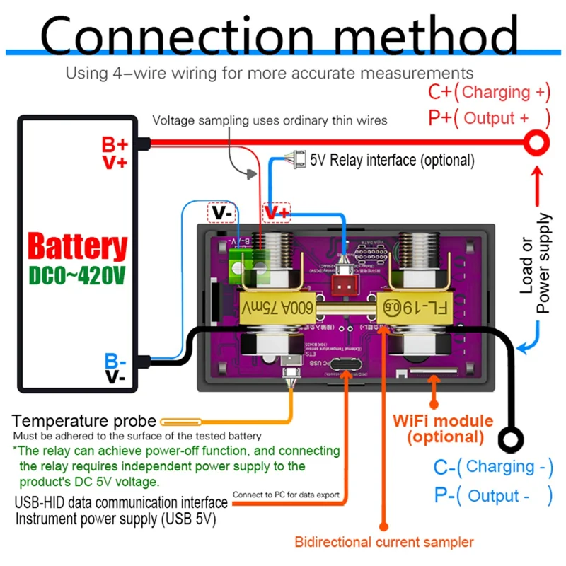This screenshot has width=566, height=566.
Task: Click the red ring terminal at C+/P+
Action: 537,144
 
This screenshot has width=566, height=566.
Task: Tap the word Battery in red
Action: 78,248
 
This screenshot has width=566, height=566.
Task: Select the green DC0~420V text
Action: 78,276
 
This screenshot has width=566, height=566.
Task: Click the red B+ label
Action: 115,145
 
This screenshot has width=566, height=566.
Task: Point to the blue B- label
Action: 115,360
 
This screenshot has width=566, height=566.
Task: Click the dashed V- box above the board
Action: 221,212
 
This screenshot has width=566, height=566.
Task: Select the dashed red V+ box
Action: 277,212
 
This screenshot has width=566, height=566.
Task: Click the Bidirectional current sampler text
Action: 383,543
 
